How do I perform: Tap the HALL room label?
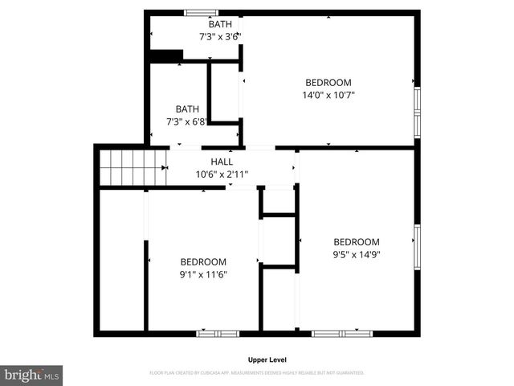click(222, 162)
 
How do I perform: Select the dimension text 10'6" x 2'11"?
click(222, 174)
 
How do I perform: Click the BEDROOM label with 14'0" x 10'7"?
click(328, 82)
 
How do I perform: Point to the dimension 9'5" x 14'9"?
click(357, 254)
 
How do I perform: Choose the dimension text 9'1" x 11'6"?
click(203, 273)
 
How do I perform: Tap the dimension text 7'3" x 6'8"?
click(187, 121)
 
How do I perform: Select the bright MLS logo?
click(32, 376)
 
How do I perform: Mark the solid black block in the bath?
click(166, 55)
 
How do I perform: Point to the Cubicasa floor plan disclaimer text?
click(257, 373)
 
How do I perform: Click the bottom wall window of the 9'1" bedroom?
click(218, 332)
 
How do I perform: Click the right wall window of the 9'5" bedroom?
click(416, 245)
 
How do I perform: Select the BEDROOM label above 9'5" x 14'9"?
click(357, 242)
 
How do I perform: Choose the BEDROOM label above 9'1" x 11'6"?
click(203, 261)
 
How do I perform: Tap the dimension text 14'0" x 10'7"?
click(328, 95)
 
